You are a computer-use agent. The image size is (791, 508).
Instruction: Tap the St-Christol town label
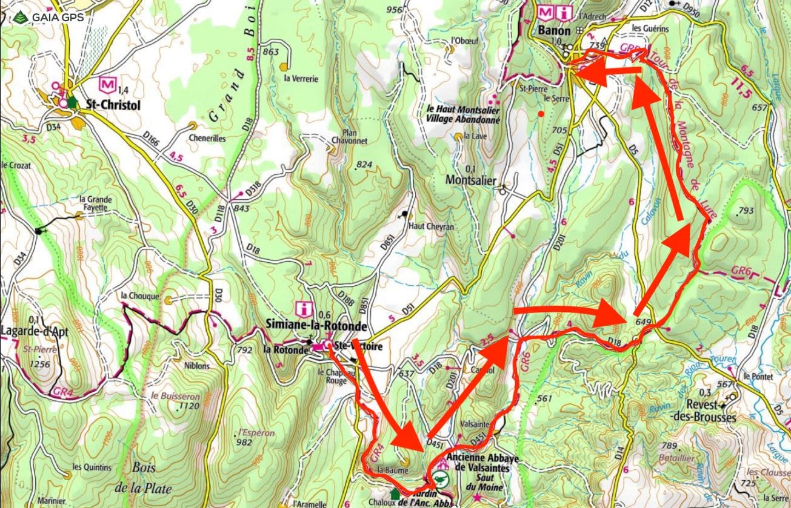[113, 105]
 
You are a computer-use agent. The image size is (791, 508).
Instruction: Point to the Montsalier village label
[470, 180]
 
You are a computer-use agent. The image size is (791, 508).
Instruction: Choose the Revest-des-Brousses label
[704, 412]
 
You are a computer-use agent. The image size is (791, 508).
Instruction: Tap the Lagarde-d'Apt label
[35, 331]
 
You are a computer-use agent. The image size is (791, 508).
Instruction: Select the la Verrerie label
[301, 78]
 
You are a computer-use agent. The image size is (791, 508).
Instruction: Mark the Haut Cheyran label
[432, 226]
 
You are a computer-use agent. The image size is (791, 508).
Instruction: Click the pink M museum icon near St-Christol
[106, 82]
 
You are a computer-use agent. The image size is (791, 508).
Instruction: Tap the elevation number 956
[394, 10]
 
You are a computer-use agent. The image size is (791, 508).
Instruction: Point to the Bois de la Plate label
[143, 478]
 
